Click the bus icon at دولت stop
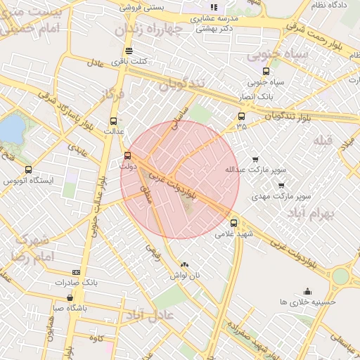(127, 155)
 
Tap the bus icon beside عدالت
(114, 120)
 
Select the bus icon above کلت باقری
(128, 51)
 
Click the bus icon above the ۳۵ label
(242, 116)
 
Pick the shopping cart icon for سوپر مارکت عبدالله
(255, 160)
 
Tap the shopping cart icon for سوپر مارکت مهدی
(281, 186)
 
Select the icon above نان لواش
(184, 265)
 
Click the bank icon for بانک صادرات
(76, 272)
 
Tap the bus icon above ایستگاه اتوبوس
(29, 169)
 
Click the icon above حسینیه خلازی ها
(307, 291)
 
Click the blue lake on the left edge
(10, 129)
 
